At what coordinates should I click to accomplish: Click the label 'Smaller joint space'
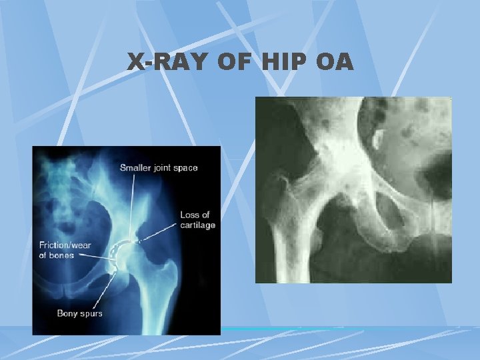pos(158,168)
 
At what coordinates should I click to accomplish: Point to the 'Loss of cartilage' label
pos(197,219)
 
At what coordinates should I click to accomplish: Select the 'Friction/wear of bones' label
pos(66,250)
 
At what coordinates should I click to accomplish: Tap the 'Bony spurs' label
pos(80,313)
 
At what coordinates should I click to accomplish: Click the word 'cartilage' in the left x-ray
pos(197,225)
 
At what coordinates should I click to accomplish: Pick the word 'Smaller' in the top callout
pos(135,168)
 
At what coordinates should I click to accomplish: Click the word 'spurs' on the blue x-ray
pos(91,313)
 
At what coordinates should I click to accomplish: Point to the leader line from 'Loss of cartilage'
pos(160,233)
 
